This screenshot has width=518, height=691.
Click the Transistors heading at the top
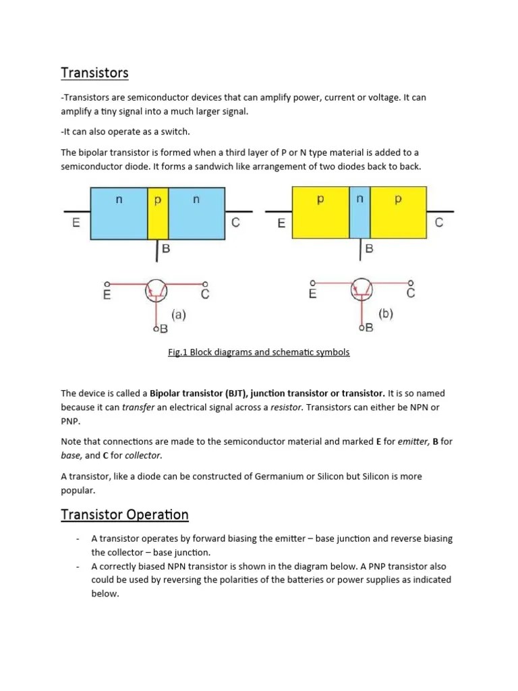[94, 72]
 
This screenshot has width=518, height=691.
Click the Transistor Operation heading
[125, 515]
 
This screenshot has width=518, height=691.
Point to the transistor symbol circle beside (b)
[362, 291]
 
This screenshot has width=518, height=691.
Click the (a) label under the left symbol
[179, 314]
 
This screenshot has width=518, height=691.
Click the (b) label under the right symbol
[386, 314]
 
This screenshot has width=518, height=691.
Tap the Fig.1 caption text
[259, 352]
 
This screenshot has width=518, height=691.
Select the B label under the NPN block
[165, 248]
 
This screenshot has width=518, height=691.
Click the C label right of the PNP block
[439, 223]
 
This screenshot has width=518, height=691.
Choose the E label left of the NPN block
[76, 223]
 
